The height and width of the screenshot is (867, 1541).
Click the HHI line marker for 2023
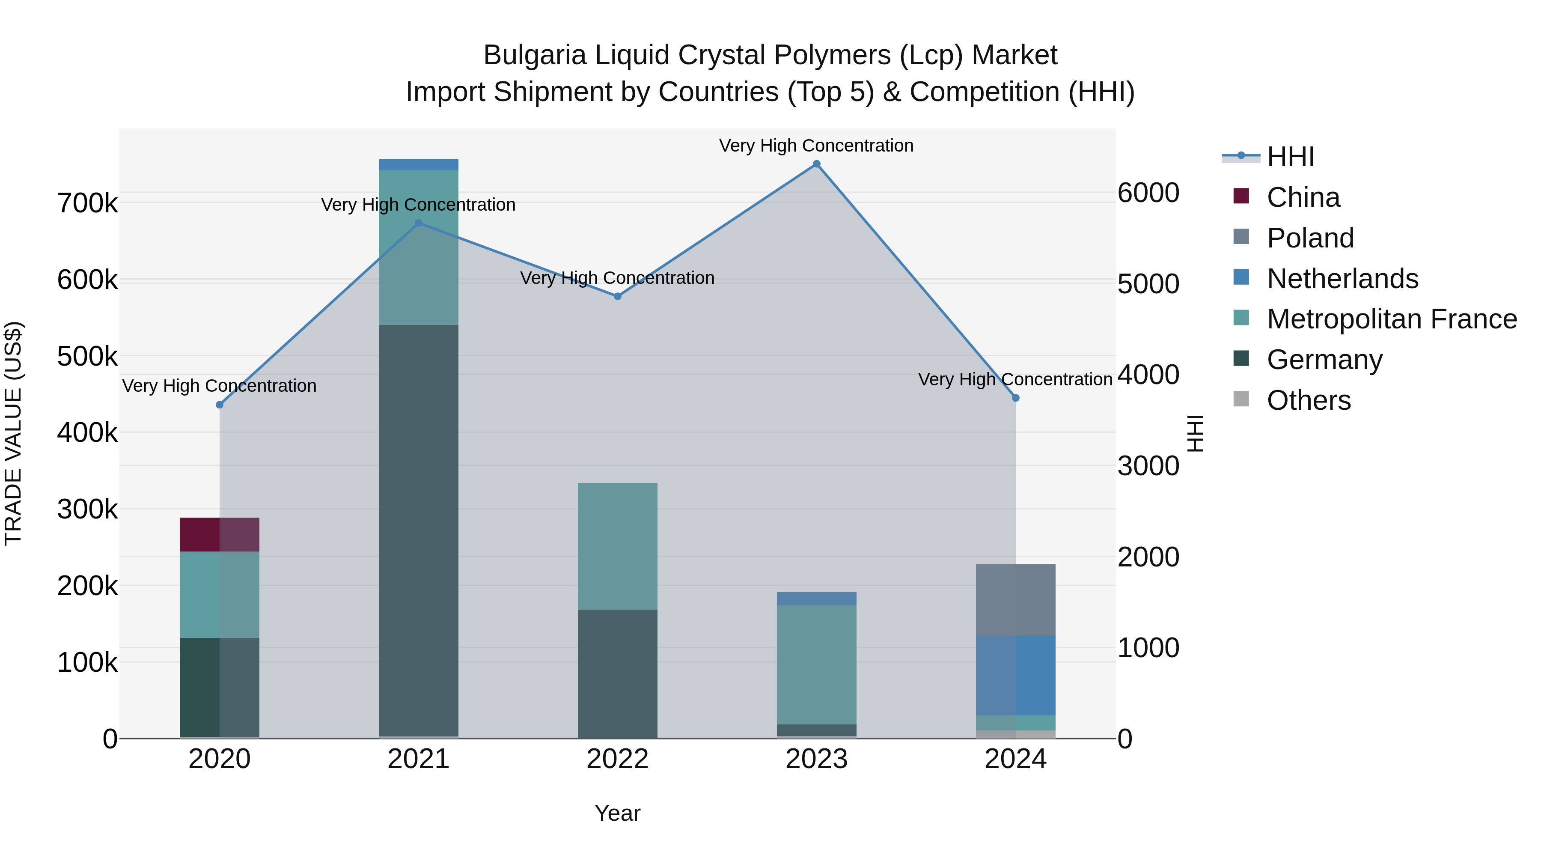[817, 164]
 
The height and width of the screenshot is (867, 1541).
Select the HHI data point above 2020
[220, 405]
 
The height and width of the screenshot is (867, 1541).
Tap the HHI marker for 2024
[1015, 398]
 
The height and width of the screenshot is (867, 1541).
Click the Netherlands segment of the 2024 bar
[1015, 676]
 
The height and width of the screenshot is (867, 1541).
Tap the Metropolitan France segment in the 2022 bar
[617, 546]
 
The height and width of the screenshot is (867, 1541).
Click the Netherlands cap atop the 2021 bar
[418, 164]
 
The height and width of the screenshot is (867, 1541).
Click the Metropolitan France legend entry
[1392, 319]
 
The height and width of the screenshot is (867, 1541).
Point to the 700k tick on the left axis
[87, 203]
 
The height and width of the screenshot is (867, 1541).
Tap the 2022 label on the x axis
[617, 759]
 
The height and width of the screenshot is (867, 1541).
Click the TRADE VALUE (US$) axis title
[13, 433]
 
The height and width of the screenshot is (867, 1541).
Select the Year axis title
[617, 813]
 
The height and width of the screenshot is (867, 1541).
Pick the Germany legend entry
[1324, 360]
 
